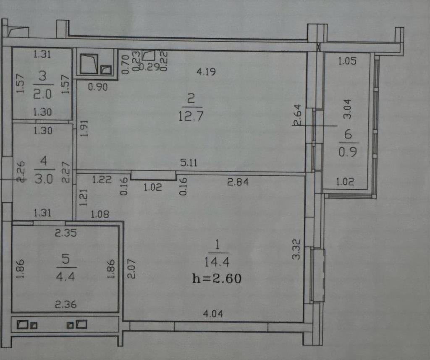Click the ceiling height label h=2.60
pos(217,279)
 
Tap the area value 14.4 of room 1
pos(217,262)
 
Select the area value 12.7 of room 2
pos(191,116)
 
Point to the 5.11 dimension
pos(189,163)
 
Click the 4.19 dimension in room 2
pos(206,72)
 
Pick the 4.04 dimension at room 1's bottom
pos(213,313)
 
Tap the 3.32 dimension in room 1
pos(296,249)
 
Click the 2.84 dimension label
pos(238,182)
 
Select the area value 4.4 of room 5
pos(65,277)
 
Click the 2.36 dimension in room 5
pos(66,304)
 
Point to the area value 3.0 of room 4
pos(44,180)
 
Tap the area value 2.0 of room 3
pos(42,94)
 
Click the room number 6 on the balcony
pos(348,134)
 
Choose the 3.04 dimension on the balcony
pos(347,109)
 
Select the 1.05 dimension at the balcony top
pos(347,61)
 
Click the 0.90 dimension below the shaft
pos(98,87)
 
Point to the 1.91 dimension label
pos(85,128)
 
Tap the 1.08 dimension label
pos(100,214)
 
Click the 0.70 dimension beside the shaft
pos(125,64)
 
